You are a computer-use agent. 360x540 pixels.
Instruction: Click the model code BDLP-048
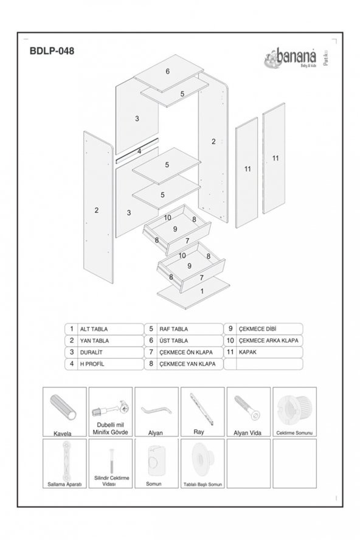click(x=52, y=52)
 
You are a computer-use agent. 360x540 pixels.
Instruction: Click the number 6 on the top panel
click(x=167, y=71)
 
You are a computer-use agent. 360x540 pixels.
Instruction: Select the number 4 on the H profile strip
click(x=139, y=151)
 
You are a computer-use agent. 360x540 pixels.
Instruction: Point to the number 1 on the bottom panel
click(x=202, y=291)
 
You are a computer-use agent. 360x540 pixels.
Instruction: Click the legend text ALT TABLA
click(x=94, y=328)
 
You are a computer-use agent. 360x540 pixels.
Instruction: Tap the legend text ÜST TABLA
click(x=173, y=341)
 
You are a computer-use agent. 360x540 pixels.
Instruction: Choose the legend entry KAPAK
click(x=248, y=351)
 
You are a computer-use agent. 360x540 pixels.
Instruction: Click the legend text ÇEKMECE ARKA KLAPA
click(x=268, y=341)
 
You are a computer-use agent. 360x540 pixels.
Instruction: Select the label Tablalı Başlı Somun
click(x=202, y=485)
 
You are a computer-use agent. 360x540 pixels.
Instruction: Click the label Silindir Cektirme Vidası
click(x=111, y=481)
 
